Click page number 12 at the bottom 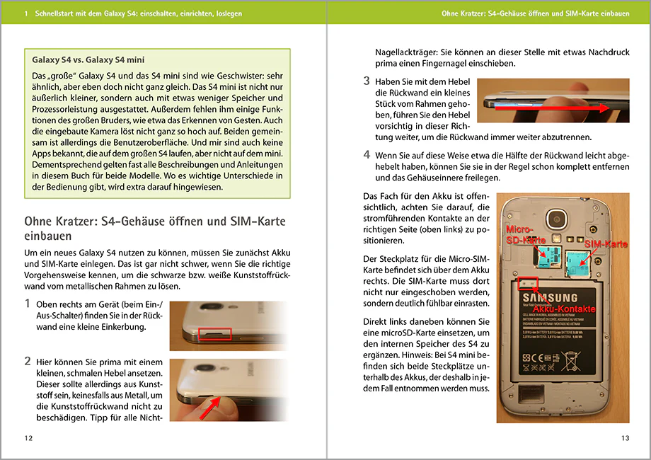coord(28,438)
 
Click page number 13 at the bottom coord(626,438)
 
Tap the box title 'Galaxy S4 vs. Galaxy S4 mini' coord(88,59)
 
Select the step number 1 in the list coord(28,304)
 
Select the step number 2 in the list coord(28,361)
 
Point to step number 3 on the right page coord(367,81)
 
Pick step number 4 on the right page coord(367,154)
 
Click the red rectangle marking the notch coord(214,333)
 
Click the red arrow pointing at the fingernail coord(210,408)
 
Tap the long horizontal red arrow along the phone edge coord(551,108)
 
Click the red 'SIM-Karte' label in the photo coord(606,244)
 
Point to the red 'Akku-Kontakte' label coord(564,309)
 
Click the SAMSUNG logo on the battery coord(550,298)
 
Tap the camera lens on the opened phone coord(556,219)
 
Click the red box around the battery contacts coord(528,284)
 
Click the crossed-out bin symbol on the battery coord(571,361)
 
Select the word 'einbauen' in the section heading coord(47,236)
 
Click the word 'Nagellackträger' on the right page coord(406,53)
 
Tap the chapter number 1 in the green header coord(26,13)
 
